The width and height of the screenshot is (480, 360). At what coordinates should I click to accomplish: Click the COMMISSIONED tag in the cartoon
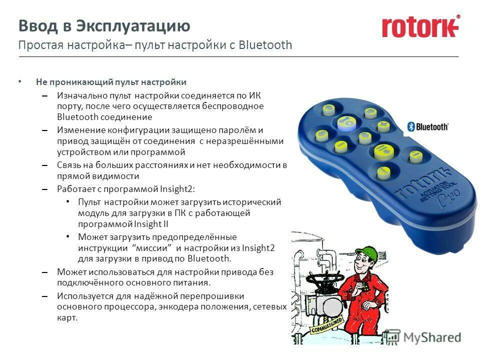click(327, 325)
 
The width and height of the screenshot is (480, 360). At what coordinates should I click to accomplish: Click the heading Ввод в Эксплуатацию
click(104, 25)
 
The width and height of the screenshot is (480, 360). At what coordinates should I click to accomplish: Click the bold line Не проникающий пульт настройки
click(110, 82)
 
